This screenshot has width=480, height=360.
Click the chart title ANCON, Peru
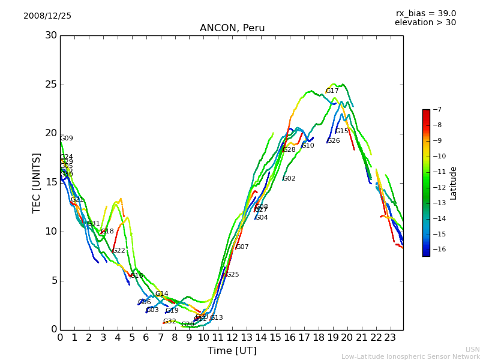(x=232, y=28)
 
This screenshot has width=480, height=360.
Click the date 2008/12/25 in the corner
(x=47, y=16)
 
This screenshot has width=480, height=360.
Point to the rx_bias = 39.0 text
(x=425, y=13)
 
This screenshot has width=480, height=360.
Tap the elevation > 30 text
(x=425, y=23)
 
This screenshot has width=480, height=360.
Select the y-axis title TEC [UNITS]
(x=37, y=182)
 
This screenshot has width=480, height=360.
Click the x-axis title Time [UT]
(x=232, y=351)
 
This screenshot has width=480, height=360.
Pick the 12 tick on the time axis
(x=232, y=337)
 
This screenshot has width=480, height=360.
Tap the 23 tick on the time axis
(x=390, y=337)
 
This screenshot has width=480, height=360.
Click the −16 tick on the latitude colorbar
(x=436, y=249)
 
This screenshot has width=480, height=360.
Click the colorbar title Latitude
(x=454, y=183)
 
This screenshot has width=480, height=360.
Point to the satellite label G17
(x=332, y=91)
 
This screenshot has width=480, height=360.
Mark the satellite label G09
(x=67, y=139)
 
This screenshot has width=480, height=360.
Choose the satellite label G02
(x=289, y=179)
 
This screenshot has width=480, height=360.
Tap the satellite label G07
(x=242, y=247)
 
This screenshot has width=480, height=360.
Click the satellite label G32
(x=170, y=322)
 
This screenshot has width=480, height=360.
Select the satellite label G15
(x=342, y=131)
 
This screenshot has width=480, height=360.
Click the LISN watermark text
(x=473, y=349)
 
